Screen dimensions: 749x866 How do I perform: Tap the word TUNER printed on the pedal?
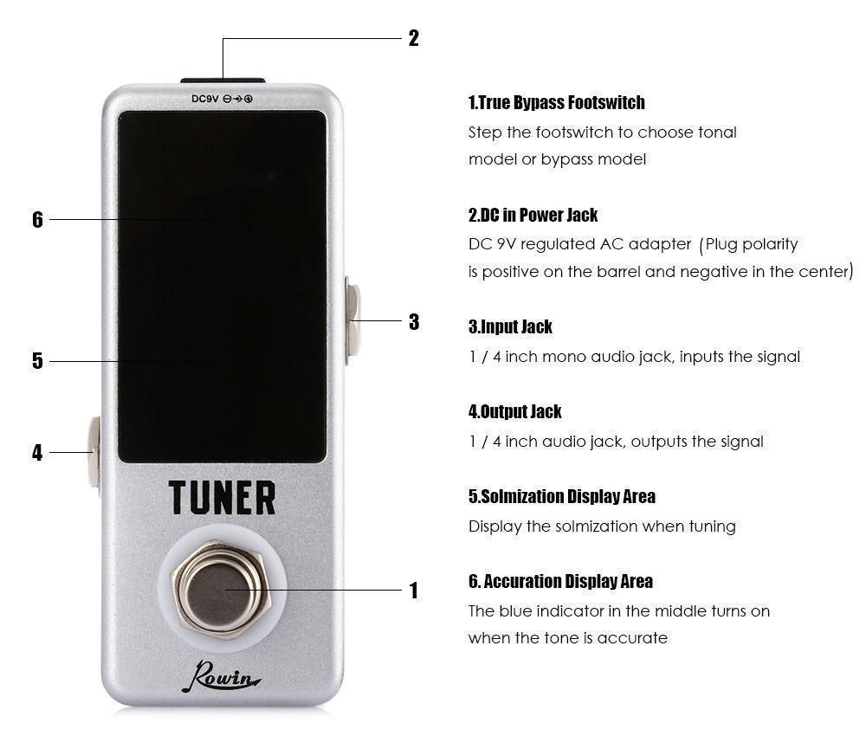[x=222, y=498]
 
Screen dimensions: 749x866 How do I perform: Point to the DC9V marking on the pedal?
[x=205, y=100]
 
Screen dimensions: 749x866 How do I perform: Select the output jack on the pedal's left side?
[x=93, y=452]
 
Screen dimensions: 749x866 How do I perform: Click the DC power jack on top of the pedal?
[x=223, y=81]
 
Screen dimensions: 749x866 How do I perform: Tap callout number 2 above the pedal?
[x=413, y=38]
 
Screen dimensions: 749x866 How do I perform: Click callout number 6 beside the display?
[x=37, y=220]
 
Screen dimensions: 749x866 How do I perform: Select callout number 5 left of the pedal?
[x=37, y=361]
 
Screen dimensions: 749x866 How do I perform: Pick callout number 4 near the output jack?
[x=37, y=453]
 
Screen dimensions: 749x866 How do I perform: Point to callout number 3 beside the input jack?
[x=414, y=322]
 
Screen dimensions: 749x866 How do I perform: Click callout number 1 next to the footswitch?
[x=413, y=591]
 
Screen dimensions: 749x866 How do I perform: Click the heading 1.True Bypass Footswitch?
[x=556, y=103]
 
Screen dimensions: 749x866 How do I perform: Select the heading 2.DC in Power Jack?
[x=533, y=215]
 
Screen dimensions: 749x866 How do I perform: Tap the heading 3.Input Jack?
[x=510, y=327]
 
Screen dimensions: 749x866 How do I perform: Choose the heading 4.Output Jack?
[x=514, y=412]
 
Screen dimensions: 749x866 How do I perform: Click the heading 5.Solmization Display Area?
[x=561, y=497]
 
